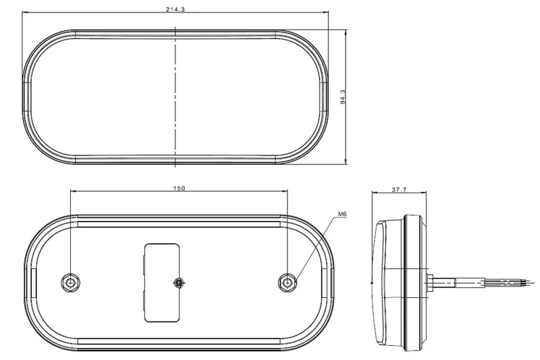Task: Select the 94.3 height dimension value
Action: [343, 97]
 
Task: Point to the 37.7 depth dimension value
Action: [399, 190]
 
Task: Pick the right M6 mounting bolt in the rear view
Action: [288, 281]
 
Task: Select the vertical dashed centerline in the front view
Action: [175, 95]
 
